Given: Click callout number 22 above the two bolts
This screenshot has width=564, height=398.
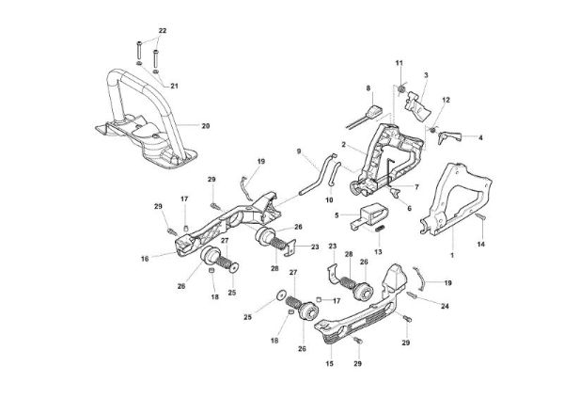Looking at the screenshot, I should [x=161, y=32].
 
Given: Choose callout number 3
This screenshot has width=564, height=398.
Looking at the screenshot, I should [x=426, y=74].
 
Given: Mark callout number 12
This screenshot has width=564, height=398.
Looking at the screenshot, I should [x=446, y=100].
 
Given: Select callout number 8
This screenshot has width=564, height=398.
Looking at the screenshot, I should [x=369, y=88].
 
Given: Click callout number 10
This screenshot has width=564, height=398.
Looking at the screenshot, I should [x=329, y=199].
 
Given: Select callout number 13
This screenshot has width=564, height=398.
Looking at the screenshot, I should [x=379, y=252].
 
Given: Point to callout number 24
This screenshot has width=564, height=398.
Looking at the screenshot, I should [x=445, y=306].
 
